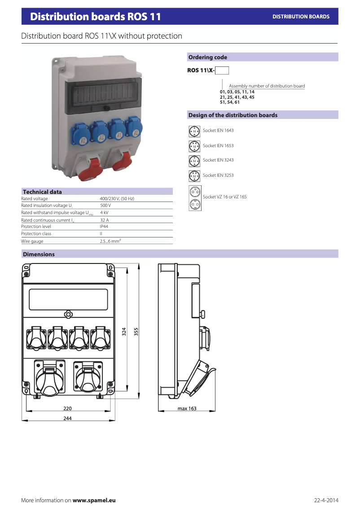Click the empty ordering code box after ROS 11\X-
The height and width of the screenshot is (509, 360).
click(222, 70)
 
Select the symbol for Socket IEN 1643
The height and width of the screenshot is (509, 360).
click(194, 131)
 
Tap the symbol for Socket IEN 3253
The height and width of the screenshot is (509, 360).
click(194, 176)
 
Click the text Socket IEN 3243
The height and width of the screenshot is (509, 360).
click(218, 160)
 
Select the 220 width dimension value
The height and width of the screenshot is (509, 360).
click(67, 409)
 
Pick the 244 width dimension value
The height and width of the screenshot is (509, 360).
click(67, 418)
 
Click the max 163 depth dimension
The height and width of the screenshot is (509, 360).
click(187, 409)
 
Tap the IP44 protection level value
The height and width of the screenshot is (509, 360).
click(104, 227)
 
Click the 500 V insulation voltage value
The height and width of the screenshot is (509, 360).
click(105, 205)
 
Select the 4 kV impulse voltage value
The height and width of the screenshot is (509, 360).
click(104, 212)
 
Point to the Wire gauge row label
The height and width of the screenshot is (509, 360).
click(32, 241)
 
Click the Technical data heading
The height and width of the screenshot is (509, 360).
click(42, 192)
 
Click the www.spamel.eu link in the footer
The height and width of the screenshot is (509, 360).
click(94, 500)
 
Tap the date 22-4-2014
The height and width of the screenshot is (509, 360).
click(326, 500)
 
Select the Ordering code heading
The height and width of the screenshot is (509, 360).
click(208, 57)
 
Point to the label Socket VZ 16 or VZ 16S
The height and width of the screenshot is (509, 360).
click(224, 197)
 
